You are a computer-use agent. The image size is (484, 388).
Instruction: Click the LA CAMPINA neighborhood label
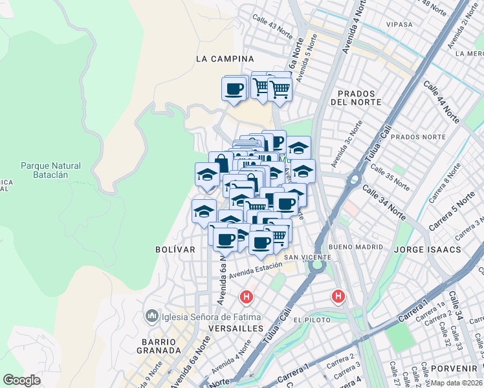point(225,59)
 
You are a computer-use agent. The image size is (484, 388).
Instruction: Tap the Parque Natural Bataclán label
point(50,170)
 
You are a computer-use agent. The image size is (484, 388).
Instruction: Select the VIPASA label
point(399,25)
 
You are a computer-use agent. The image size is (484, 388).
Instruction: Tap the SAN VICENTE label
point(308,257)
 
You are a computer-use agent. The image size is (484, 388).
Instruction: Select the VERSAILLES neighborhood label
point(236,328)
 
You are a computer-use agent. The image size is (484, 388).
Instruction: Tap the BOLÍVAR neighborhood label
point(175,249)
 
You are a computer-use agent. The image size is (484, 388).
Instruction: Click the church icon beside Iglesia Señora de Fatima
point(152,316)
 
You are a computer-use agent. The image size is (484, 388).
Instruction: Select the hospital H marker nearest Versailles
point(247,297)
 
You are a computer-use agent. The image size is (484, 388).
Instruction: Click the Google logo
point(21,380)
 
